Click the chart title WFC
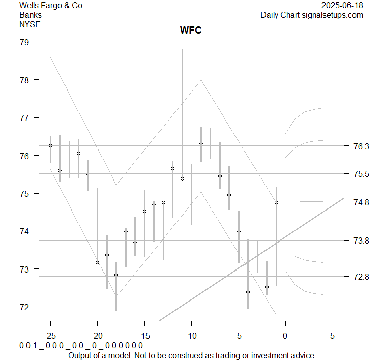tap(191, 31)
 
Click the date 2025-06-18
tap(343, 6)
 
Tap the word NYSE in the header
tap(31, 24)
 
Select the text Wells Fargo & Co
tap(50, 6)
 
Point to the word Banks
tap(31, 15)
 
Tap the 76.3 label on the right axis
tap(361, 146)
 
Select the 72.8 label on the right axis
tap(361, 277)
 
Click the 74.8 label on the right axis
tap(361, 202)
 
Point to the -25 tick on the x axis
tap(50, 335)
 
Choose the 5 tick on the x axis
tap(332, 335)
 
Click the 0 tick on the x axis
tap(285, 335)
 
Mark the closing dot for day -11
tap(182, 179)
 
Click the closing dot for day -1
tap(276, 203)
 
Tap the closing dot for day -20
tap(97, 262)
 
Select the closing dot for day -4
tap(248, 292)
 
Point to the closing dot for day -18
tap(116, 275)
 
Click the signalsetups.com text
tap(333, 15)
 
